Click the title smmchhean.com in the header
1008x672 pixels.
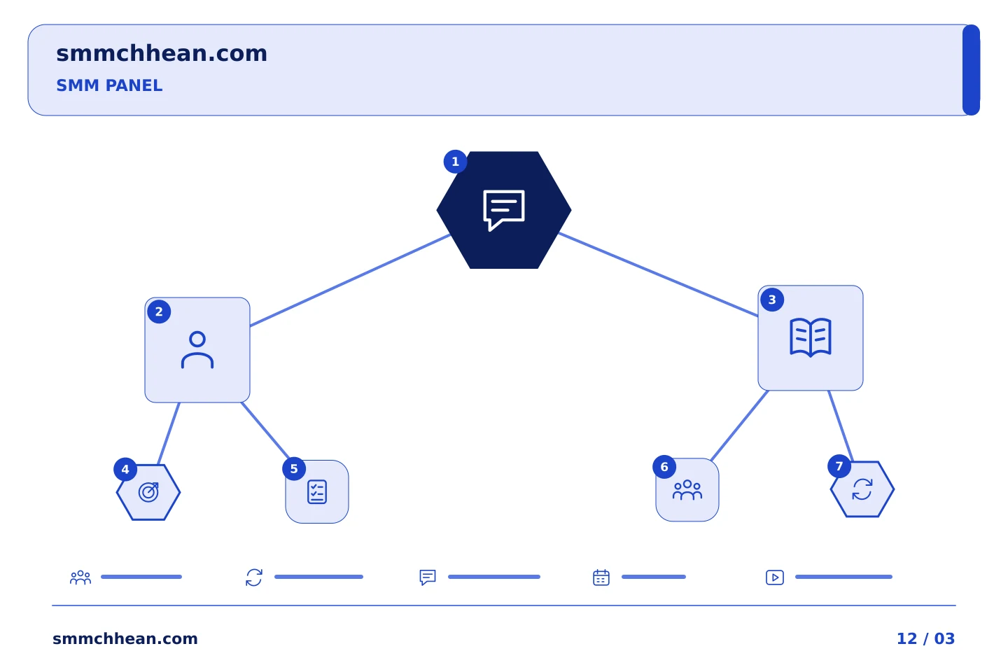point(162,54)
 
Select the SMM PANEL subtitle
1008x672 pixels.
point(109,85)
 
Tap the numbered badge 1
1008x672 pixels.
point(455,162)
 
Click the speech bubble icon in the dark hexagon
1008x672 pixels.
point(503,210)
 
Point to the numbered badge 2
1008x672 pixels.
point(159,311)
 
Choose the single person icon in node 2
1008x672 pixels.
point(197,350)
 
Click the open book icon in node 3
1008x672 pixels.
point(810,337)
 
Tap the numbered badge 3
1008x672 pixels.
point(772,300)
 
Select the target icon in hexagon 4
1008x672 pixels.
point(148,492)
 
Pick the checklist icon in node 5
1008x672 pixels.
point(317,491)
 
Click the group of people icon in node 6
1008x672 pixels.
point(687,490)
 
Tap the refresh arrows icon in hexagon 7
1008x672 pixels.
point(862,489)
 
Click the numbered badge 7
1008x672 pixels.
point(839,466)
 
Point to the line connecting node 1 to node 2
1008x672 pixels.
point(350,280)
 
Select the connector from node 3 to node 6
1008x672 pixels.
point(739,426)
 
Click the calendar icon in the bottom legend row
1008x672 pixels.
point(601,577)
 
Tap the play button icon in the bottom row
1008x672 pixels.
point(774,577)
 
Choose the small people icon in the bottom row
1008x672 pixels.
point(80,577)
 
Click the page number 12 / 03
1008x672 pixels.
point(925,638)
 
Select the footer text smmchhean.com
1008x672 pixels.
point(125,638)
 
